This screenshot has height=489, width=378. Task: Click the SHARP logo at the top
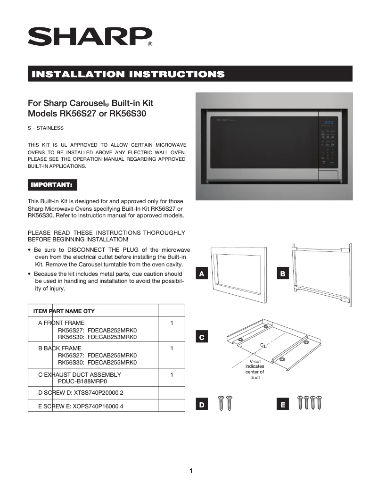coord(90,36)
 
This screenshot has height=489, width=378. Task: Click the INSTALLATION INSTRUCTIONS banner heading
coord(127,74)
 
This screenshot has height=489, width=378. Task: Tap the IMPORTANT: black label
coord(51,184)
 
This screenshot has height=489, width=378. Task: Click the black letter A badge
coord(202,274)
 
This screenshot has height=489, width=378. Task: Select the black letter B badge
coord(283,274)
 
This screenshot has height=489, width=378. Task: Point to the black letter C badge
coord(202,338)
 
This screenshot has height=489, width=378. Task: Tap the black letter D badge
coord(202,405)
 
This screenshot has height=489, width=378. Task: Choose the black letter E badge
coord(283,405)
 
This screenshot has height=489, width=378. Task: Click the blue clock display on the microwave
coord(328,123)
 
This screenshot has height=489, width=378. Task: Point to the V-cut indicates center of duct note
coord(255,369)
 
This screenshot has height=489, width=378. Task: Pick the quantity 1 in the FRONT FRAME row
coord(172,323)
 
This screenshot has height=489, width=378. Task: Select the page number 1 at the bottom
coord(191,471)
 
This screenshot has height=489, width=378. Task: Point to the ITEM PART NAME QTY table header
coord(64,311)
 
